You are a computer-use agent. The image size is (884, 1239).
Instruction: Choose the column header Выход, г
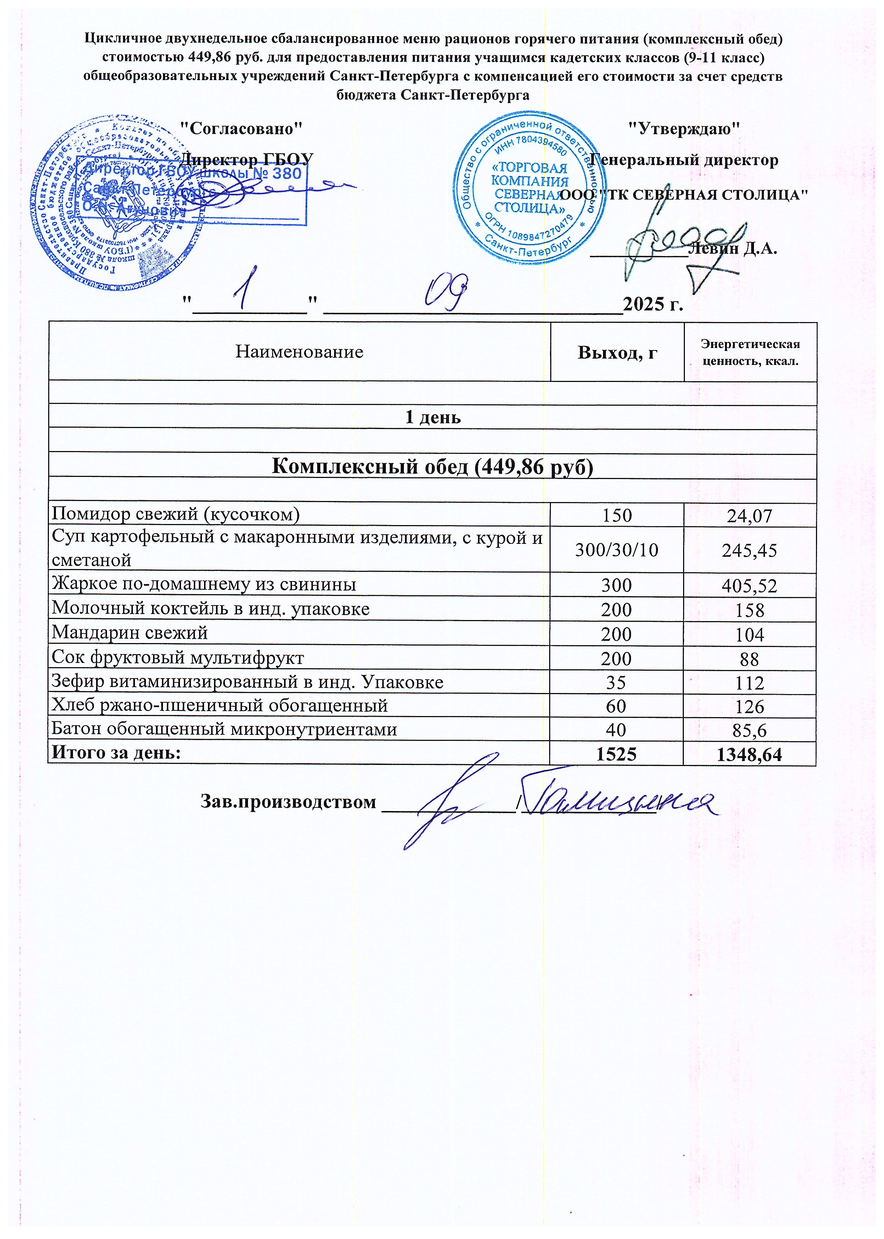click(x=617, y=353)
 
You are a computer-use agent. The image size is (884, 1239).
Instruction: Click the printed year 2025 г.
click(x=652, y=304)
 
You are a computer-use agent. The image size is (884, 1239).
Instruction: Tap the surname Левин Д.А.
click(x=732, y=249)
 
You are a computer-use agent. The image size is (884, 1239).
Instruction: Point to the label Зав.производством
click(x=288, y=802)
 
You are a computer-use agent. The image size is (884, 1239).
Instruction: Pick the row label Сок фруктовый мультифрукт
click(x=178, y=658)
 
